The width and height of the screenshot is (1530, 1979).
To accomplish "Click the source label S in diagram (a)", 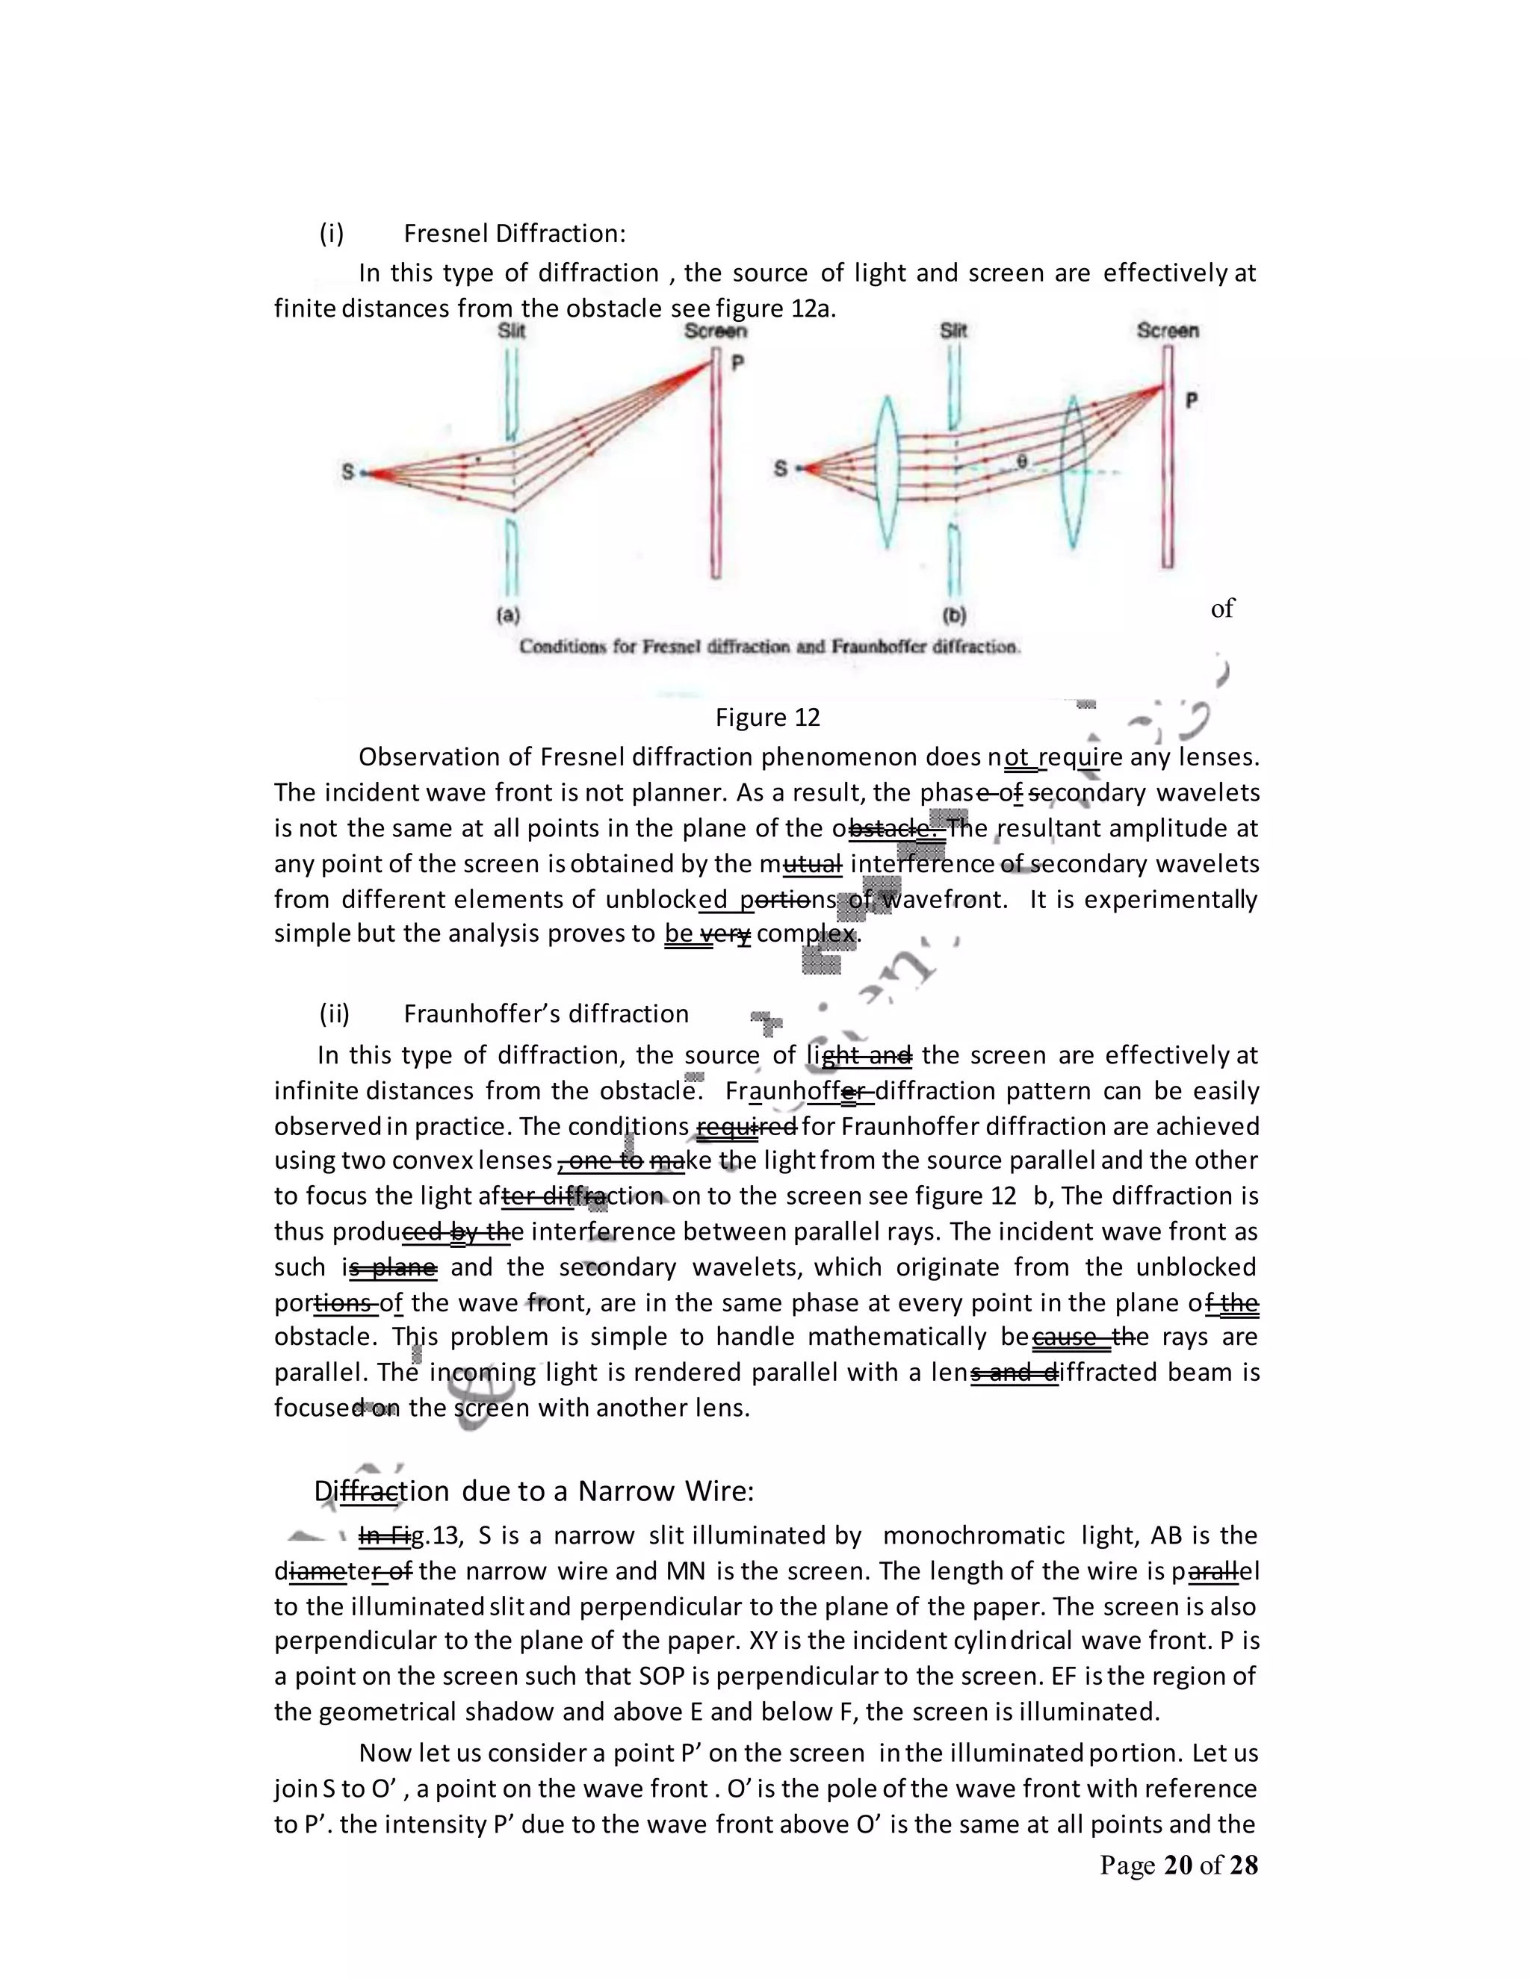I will coord(348,472).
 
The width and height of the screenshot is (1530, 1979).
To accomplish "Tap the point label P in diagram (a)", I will coord(738,362).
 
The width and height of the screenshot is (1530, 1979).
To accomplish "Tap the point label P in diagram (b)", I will coord(1192,400).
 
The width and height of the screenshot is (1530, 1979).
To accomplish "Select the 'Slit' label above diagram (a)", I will coord(511,331).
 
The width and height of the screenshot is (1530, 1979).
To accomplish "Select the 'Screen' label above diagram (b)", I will coord(1168,331).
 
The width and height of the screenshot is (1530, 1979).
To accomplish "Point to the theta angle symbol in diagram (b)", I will coord(1021,462).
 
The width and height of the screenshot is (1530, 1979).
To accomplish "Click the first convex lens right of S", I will coord(885,471).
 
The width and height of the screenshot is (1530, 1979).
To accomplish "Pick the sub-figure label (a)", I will coord(509,615).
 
